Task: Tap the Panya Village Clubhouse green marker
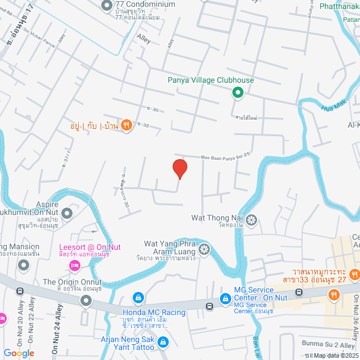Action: click(237, 93)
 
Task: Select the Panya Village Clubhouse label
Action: click(210, 80)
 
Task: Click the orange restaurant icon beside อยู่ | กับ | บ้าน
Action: click(127, 125)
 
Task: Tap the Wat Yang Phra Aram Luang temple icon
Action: click(204, 249)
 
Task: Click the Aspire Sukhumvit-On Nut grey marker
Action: click(67, 213)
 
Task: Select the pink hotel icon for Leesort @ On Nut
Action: click(73, 264)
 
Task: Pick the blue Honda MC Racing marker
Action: click(137, 296)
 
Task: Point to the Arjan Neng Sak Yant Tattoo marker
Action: click(163, 341)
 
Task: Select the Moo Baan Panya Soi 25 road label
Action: click(224, 155)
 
